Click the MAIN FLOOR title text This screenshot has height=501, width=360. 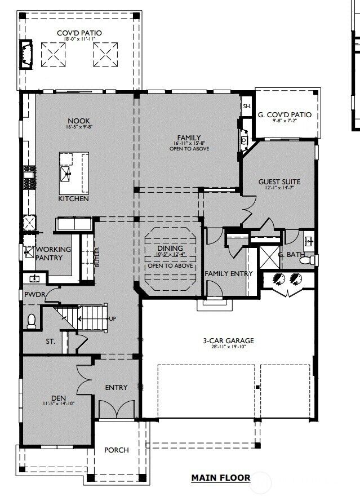[220, 478]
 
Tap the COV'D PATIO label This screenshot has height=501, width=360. [79, 33]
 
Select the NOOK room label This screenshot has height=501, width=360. [79, 121]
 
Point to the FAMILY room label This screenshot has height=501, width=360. [189, 138]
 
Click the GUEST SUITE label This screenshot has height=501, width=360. [279, 181]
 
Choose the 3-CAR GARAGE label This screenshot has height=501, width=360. [228, 340]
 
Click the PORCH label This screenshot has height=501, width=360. [117, 450]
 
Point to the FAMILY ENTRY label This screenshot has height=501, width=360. [228, 273]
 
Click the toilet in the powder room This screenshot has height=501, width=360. [32, 321]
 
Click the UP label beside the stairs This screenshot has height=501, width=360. [112, 319]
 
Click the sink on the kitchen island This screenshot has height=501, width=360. [66, 173]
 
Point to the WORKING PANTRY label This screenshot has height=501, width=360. [54, 254]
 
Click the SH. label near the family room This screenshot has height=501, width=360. [246, 106]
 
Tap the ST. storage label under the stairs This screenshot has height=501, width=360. [51, 342]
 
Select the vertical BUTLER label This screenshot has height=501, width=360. [97, 257]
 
